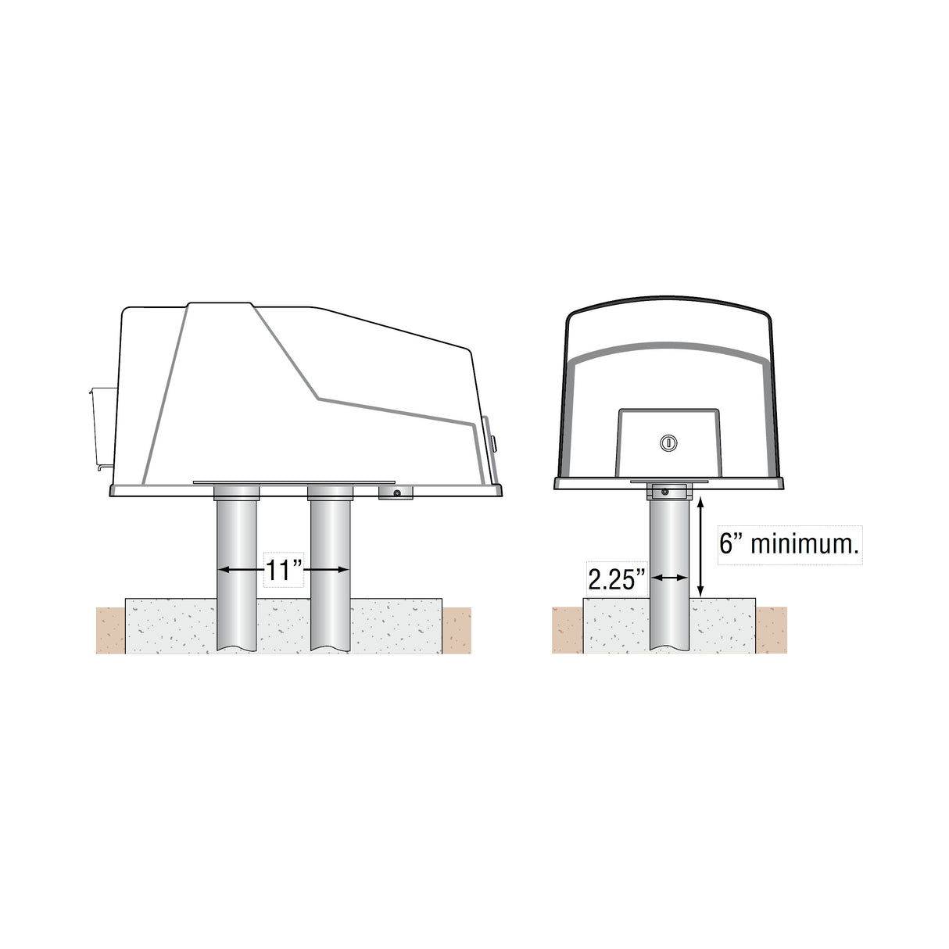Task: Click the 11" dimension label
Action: [284, 571]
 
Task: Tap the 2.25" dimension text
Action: [617, 579]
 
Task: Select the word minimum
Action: [804, 544]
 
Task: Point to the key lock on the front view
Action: [668, 443]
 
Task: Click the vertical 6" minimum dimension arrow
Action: [702, 547]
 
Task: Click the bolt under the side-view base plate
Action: [397, 493]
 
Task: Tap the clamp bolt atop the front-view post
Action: [665, 492]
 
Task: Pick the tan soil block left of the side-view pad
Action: [110, 630]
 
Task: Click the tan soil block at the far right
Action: [771, 630]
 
